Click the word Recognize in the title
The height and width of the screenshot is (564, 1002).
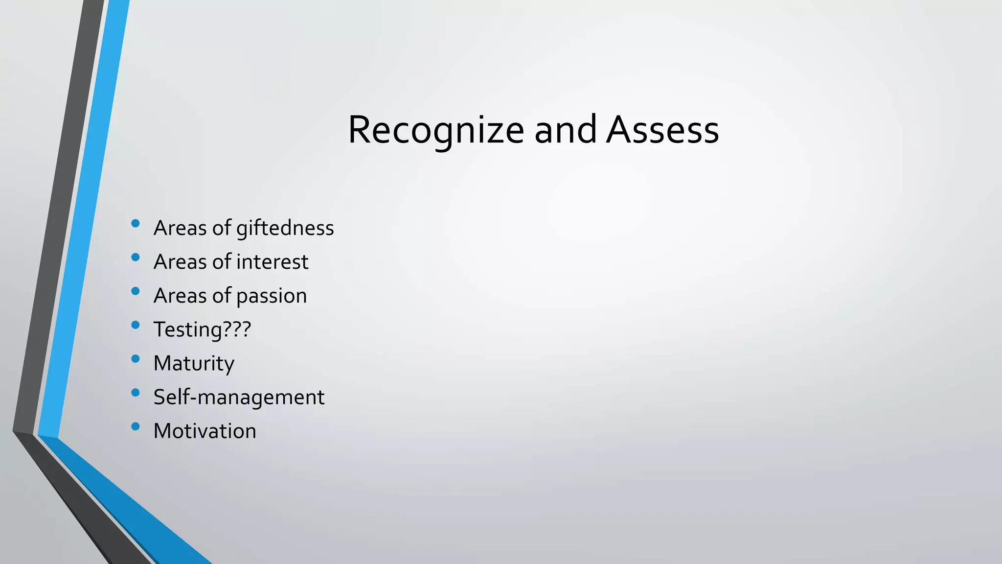pyautogui.click(x=436, y=130)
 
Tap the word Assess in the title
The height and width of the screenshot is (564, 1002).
pyautogui.click(x=662, y=130)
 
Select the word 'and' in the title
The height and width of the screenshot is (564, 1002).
pyautogui.click(x=565, y=130)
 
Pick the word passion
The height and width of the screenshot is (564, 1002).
pyautogui.click(x=272, y=296)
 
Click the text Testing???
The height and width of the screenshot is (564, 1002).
pyautogui.click(x=202, y=329)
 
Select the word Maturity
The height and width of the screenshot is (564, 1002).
pyautogui.click(x=194, y=363)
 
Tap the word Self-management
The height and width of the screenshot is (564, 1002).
pyautogui.click(x=239, y=397)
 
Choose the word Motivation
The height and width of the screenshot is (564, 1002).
pyautogui.click(x=205, y=431)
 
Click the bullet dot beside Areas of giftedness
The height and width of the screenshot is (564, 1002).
pyautogui.click(x=136, y=224)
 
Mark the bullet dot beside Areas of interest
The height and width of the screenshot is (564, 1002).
pyautogui.click(x=136, y=258)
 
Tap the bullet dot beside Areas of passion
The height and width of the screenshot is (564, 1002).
pyautogui.click(x=136, y=291)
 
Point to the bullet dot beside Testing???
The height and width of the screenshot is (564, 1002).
pyautogui.click(x=136, y=325)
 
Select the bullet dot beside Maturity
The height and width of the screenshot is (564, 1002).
pyautogui.click(x=136, y=359)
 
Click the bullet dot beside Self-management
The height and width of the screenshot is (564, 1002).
pyautogui.click(x=136, y=393)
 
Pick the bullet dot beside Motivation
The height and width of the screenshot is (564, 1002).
pyautogui.click(x=136, y=426)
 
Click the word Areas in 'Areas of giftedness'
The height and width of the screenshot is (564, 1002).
pyautogui.click(x=180, y=228)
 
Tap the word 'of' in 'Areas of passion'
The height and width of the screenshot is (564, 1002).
pyautogui.click(x=221, y=296)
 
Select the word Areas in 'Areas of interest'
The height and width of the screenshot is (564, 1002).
pyautogui.click(x=180, y=262)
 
